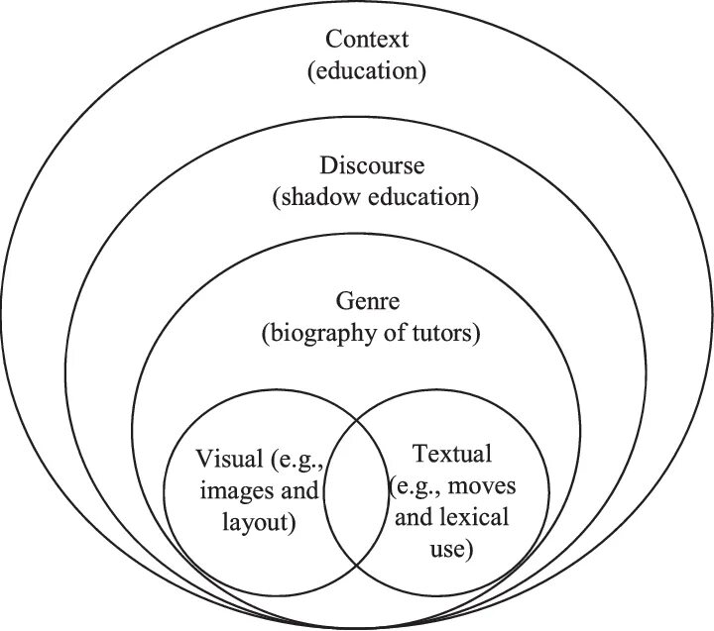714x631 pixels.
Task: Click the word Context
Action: tap(368, 40)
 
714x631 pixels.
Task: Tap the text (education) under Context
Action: tap(368, 71)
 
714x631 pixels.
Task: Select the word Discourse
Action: tap(372, 164)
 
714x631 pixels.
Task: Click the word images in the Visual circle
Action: tap(235, 489)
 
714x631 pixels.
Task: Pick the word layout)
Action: tap(261, 520)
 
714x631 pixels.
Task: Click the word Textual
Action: tap(451, 455)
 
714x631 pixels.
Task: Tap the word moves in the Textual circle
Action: tap(491, 486)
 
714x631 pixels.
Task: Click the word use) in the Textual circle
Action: tap(452, 547)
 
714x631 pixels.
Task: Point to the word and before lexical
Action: tap(415, 516)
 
